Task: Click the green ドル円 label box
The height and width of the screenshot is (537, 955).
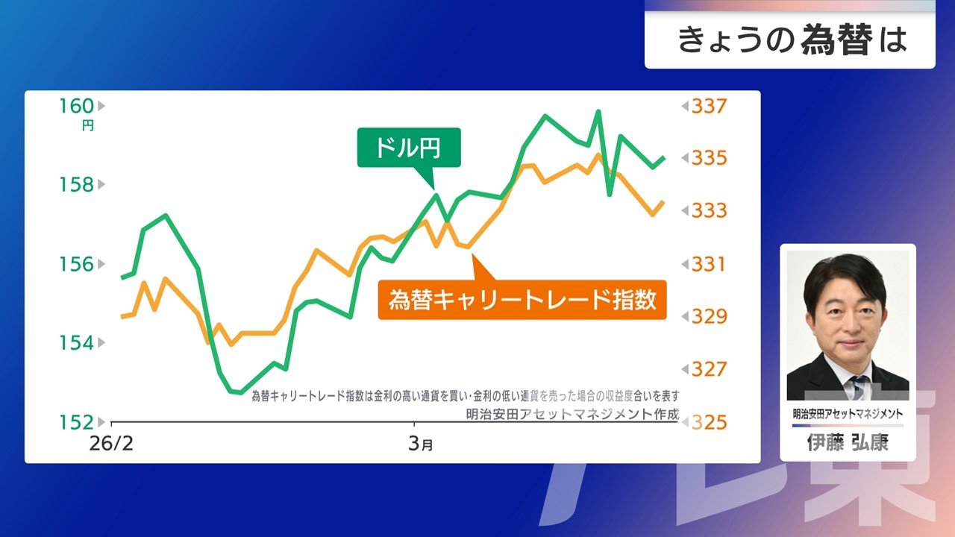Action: pos(409,148)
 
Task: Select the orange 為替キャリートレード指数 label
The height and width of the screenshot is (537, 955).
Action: pos(522,300)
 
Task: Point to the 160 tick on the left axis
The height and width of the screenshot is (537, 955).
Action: pos(77,106)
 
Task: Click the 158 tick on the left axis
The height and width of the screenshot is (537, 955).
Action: pos(77,184)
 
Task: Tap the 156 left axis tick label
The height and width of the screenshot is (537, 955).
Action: pos(77,264)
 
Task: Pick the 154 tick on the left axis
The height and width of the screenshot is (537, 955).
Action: pos(77,343)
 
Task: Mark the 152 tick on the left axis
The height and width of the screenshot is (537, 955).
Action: pos(77,422)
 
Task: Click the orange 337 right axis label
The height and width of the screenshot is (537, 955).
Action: pos(709,106)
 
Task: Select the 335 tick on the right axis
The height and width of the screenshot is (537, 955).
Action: pos(709,158)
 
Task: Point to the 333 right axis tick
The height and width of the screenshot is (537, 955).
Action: pos(709,211)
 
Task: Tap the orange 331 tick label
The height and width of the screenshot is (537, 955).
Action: pos(709,264)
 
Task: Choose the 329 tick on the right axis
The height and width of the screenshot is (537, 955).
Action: pos(709,317)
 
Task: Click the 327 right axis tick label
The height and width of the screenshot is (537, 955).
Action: pos(709,369)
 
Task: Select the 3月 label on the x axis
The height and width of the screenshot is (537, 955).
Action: pos(420,445)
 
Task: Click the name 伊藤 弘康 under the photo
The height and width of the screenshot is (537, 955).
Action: pos(848,443)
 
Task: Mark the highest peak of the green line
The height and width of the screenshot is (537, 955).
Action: pos(598,111)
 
